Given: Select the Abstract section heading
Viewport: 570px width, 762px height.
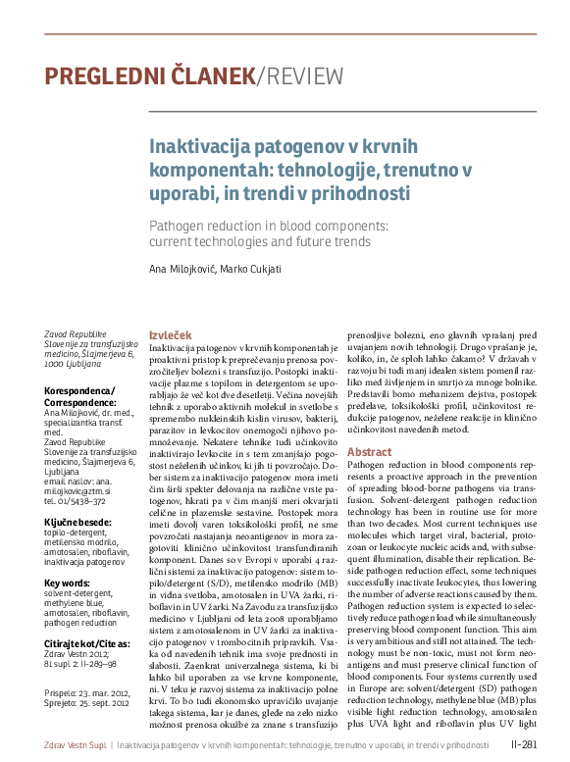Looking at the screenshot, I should point(368,451).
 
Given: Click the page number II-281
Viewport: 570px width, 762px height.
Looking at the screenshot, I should point(523,745).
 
